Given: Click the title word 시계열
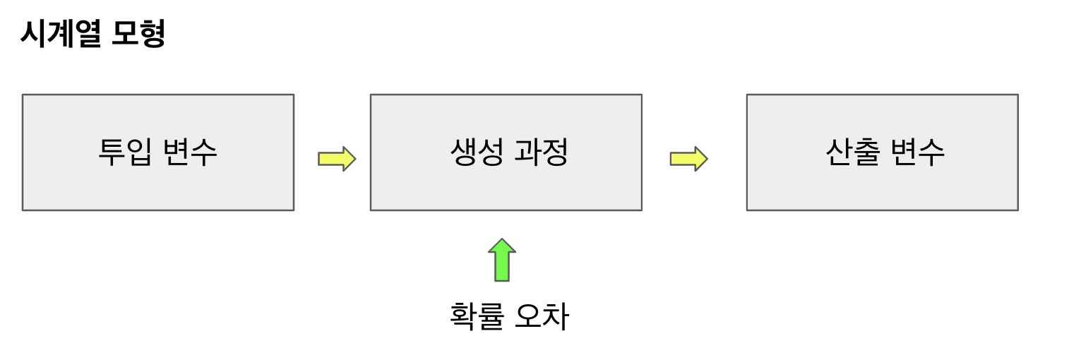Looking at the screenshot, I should [61, 33].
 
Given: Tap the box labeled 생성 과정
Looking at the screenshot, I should [506, 180].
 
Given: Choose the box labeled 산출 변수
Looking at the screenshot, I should [882, 180].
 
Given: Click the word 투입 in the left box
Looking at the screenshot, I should [124, 152].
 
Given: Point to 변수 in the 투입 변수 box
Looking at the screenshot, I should [189, 152].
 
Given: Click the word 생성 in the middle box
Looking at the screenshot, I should [476, 152].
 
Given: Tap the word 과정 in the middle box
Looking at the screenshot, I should [541, 152].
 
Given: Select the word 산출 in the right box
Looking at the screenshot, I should [852, 152].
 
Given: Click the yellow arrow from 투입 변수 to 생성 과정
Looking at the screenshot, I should [336, 159].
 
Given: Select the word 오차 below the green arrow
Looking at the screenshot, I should [542, 316].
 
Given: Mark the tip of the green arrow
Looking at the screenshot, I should [502, 241].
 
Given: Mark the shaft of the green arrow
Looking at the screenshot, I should [502, 268].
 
